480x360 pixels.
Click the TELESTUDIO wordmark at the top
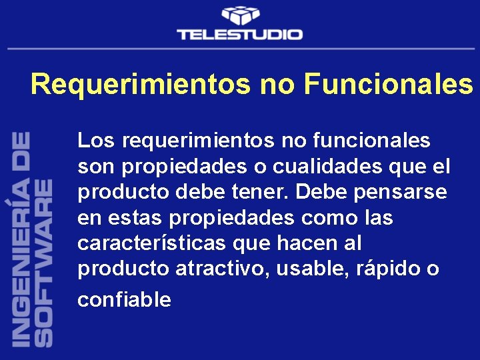pos(239,34)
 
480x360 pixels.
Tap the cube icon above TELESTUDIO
pos(240,15)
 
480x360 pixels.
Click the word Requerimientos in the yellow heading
pos(140,85)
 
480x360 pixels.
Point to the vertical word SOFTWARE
pos(43,261)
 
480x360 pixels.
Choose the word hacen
pos(287,243)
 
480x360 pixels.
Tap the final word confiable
pos(124,299)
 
